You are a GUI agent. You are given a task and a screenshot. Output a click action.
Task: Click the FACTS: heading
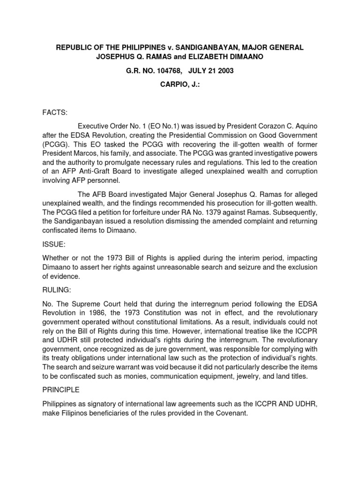click(x=55, y=113)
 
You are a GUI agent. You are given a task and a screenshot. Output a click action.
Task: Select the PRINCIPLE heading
click(x=62, y=390)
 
